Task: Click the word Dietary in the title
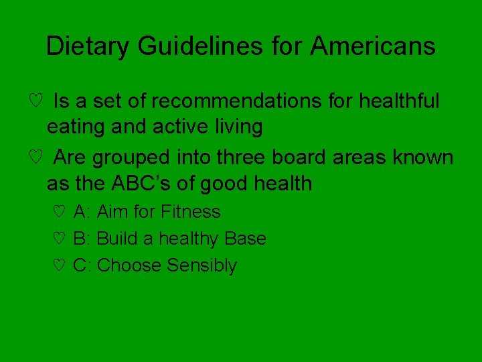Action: point(88,46)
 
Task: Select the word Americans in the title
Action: point(373,46)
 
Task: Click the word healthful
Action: point(399,101)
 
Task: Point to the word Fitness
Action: point(191,212)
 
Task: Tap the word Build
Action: point(118,239)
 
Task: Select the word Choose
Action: point(129,265)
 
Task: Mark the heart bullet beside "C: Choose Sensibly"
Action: point(58,266)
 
